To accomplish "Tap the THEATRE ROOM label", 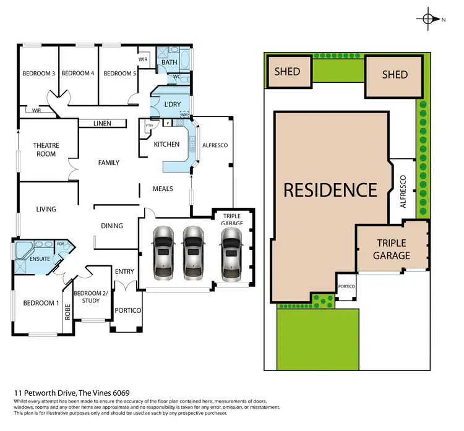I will pyautogui.click(x=45, y=150).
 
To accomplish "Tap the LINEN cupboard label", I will pyautogui.click(x=102, y=124).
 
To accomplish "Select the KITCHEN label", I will pyautogui.click(x=166, y=145).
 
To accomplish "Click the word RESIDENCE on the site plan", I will pyautogui.click(x=330, y=190).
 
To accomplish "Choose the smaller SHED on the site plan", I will pyautogui.click(x=287, y=72).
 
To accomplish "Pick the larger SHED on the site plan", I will pyautogui.click(x=395, y=75).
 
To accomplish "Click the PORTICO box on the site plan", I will pyautogui.click(x=346, y=287).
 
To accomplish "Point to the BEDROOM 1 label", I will pyautogui.click(x=41, y=303).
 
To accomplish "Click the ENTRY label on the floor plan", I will pyautogui.click(x=124, y=271).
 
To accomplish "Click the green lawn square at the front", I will pyautogui.click(x=317, y=338).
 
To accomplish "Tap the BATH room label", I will pyautogui.click(x=169, y=62).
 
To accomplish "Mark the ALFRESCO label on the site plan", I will pyautogui.click(x=403, y=191).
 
